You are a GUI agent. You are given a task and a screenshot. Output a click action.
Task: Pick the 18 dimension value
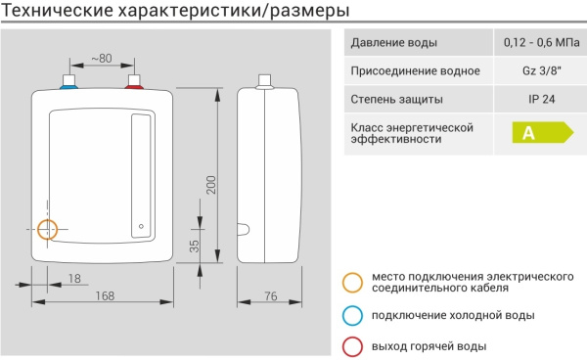point(75,279)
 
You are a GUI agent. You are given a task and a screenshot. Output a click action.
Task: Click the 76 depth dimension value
point(271,296)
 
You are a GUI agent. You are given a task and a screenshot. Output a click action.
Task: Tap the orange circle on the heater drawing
point(47,229)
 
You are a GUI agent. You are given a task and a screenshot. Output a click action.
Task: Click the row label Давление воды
point(394,44)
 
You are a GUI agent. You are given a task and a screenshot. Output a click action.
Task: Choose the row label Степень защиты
point(396,99)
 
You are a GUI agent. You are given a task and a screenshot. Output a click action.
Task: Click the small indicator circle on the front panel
point(142,229)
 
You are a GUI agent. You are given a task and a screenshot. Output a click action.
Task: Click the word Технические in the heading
point(66,13)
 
